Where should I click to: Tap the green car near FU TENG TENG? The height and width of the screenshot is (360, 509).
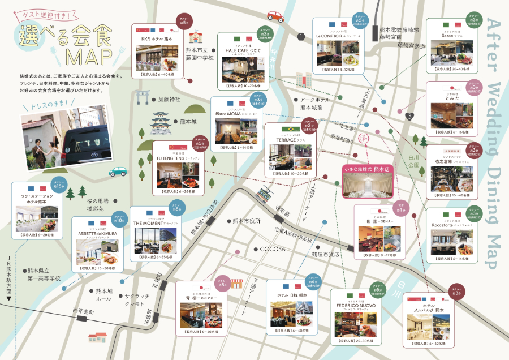coord(118,171)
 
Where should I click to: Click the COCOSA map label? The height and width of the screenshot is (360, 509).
coord(273,248)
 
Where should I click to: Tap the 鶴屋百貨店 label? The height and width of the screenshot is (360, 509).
coord(325,254)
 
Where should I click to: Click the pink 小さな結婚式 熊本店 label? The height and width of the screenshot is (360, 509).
coord(368,169)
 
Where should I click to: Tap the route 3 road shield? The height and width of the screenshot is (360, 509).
coord(409,116)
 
